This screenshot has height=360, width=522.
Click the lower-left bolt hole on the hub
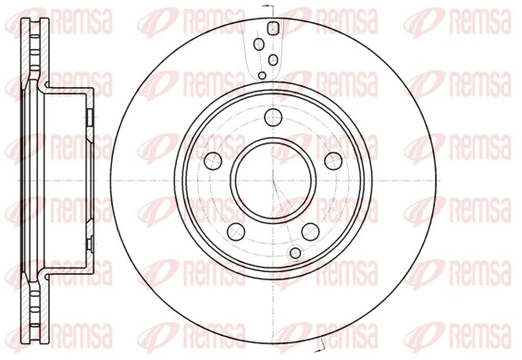(x=235, y=227)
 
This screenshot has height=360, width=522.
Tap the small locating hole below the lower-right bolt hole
(x=295, y=252)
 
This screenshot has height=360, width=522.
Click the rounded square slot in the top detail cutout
(x=272, y=29)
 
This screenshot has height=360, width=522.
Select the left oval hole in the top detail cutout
(x=259, y=45)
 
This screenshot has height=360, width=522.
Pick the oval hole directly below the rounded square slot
(x=274, y=59)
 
